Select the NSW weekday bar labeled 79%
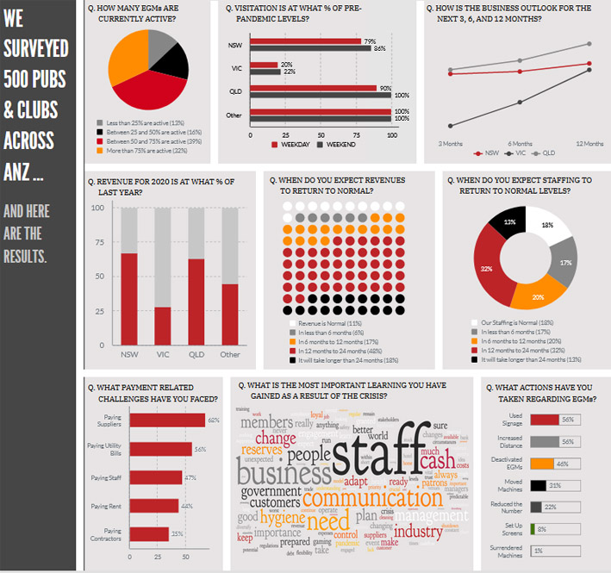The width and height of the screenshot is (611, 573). point(305,40)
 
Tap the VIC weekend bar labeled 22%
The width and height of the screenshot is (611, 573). point(264,72)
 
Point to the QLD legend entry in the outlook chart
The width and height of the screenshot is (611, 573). point(545,154)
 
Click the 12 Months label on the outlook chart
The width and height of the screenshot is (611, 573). point(590,143)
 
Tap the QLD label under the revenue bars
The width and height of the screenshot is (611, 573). point(196,354)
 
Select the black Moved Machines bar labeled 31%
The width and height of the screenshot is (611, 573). point(540,485)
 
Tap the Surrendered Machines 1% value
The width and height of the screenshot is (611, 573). point(539,550)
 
